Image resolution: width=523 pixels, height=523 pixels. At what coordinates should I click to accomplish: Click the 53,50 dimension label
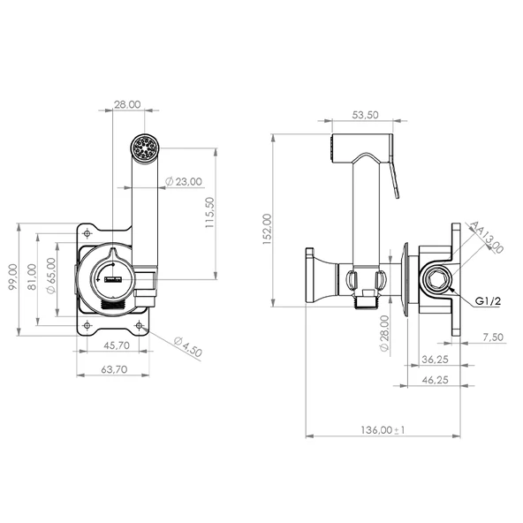click(365, 115)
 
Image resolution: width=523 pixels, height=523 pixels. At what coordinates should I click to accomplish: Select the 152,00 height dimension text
click(268, 229)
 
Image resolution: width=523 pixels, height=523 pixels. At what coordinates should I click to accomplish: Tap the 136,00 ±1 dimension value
click(383, 430)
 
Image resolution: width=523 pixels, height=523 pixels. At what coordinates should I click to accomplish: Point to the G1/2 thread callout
click(488, 301)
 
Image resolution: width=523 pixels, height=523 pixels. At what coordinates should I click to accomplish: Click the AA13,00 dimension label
click(486, 237)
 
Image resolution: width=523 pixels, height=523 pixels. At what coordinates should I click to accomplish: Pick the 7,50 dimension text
click(493, 337)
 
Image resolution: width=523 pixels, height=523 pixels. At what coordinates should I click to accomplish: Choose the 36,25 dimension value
click(435, 360)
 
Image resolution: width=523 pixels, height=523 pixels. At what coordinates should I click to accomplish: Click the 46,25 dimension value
click(435, 380)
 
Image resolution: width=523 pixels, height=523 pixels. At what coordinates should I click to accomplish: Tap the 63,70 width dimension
click(114, 369)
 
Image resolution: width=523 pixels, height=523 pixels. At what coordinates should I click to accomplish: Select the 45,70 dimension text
click(117, 345)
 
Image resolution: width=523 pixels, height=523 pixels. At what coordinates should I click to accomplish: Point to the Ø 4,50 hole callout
click(188, 347)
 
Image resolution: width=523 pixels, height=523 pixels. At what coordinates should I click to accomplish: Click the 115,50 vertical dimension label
click(209, 212)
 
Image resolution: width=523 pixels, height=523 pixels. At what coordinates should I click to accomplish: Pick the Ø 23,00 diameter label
click(184, 181)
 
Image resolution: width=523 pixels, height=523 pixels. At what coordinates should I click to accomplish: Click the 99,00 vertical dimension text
click(12, 277)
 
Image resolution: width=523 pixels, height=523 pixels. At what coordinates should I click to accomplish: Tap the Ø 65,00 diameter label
click(51, 276)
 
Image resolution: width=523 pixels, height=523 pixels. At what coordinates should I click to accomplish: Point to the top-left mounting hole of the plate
click(87, 233)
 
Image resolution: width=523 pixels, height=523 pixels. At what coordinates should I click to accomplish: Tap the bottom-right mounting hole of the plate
click(139, 325)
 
